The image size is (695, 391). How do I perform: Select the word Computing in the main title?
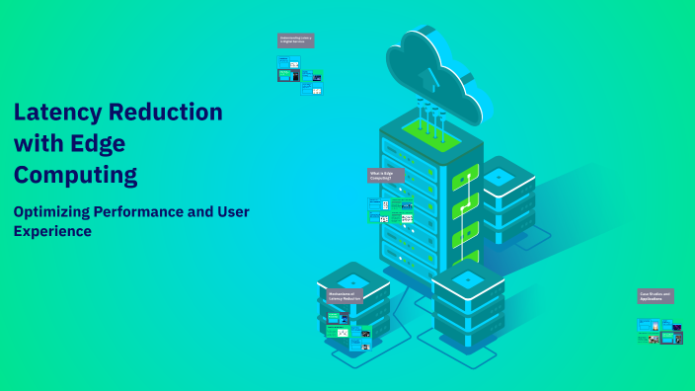(75, 176)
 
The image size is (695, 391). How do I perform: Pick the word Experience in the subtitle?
(52, 231)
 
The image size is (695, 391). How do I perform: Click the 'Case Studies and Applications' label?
(656, 295)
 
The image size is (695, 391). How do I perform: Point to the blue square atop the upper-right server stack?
(499, 175)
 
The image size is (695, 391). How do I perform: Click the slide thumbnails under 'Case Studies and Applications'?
(660, 330)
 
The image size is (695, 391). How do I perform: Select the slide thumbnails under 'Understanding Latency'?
(300, 75)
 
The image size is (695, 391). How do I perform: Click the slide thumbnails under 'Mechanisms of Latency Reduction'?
(348, 331)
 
